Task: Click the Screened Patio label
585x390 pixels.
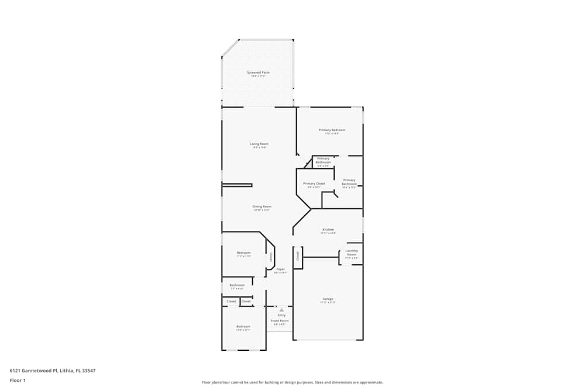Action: tap(258, 73)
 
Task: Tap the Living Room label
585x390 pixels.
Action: tap(259, 144)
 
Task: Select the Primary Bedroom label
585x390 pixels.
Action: tap(332, 130)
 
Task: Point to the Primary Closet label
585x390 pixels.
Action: tap(314, 184)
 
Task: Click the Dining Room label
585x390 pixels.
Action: tap(261, 206)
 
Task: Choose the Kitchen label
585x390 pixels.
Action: tap(328, 229)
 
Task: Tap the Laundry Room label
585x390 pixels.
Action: tap(352, 253)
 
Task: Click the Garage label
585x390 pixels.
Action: tap(328, 299)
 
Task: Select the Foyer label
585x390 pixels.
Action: tap(281, 269)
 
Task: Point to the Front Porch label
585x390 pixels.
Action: tap(280, 320)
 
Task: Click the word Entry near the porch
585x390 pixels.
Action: tap(281, 315)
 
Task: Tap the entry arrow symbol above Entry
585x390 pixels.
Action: tap(281, 310)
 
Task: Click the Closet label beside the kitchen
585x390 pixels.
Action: tap(298, 256)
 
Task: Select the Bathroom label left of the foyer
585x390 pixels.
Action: tap(237, 285)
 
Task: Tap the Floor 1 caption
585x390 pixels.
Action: tap(18, 380)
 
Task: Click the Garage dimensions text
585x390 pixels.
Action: tap(328, 303)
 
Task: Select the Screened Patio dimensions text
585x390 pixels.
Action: tap(258, 76)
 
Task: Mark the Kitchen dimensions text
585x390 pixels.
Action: tap(328, 233)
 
